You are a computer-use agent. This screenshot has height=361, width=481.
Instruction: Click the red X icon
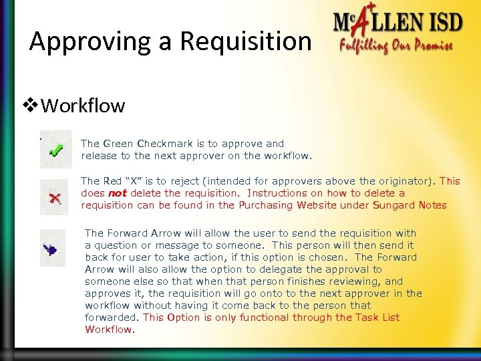(54, 197)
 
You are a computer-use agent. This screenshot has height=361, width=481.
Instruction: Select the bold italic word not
(118, 193)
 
